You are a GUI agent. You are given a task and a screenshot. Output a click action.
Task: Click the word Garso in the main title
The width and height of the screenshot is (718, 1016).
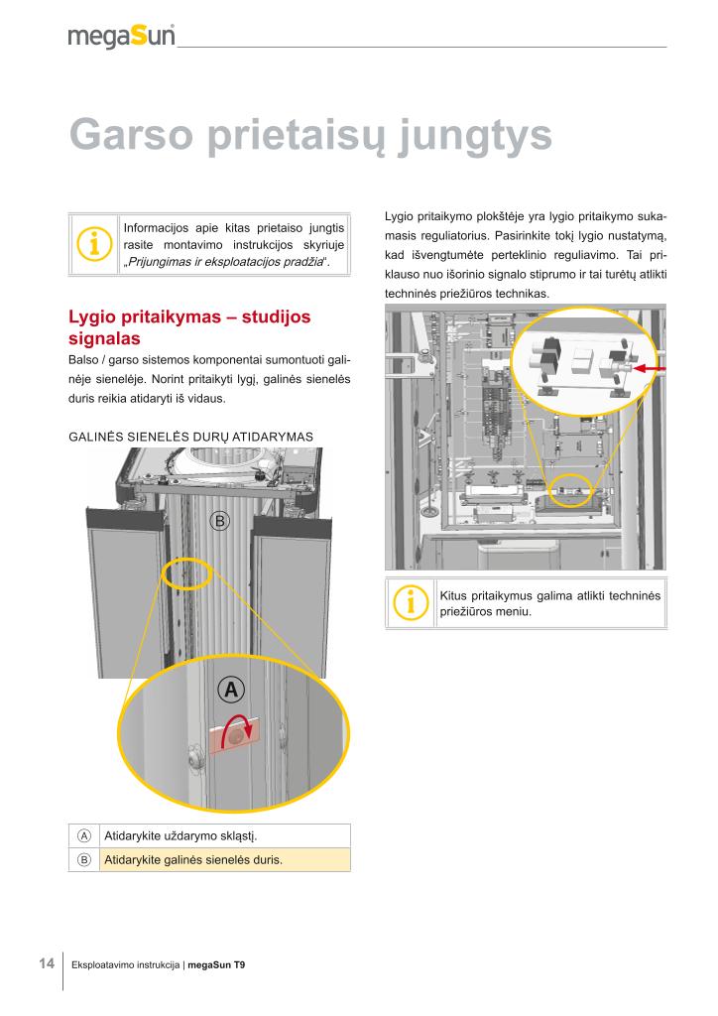[x=129, y=136]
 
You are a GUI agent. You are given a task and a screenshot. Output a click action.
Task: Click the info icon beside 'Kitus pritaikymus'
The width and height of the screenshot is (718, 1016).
[x=410, y=602]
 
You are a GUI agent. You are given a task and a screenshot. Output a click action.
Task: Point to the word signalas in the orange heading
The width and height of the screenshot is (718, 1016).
[x=104, y=339]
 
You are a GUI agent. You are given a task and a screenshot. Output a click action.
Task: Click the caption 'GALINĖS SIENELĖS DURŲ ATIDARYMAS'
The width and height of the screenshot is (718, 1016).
[x=191, y=436]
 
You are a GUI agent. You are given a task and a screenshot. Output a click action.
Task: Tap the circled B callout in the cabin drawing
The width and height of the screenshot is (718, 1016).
[x=220, y=520]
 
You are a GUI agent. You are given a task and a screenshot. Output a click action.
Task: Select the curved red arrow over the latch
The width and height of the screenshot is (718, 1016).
[x=239, y=730]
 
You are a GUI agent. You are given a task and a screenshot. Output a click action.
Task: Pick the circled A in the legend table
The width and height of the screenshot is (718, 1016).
[x=84, y=835]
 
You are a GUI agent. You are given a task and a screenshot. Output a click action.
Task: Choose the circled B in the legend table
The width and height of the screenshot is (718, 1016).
[x=84, y=859]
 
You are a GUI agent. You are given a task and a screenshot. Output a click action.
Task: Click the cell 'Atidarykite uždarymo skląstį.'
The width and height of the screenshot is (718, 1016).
[x=174, y=835]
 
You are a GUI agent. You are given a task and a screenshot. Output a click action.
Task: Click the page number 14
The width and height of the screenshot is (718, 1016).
[x=46, y=963]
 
